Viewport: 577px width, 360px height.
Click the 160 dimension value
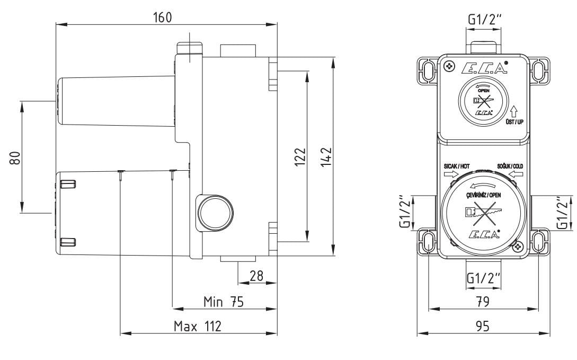point(162,17)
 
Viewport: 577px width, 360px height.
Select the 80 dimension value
point(15,158)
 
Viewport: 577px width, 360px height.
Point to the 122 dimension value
point(300,157)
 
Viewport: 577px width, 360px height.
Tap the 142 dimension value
point(326,157)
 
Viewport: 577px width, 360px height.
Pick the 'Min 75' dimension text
point(224,302)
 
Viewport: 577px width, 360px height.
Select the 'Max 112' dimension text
point(198,326)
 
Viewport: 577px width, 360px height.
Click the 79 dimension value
point(483,302)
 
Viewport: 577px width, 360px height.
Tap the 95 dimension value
point(483,326)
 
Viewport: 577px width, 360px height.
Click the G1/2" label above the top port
point(484,19)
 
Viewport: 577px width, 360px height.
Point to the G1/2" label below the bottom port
point(484,277)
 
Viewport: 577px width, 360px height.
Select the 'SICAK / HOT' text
point(457,166)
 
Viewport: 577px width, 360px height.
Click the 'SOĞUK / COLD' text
point(510,166)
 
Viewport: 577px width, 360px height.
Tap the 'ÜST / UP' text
point(514,122)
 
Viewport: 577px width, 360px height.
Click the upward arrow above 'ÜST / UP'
point(514,111)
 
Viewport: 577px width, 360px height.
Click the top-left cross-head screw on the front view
point(448,66)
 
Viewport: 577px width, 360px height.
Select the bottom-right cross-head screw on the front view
point(519,246)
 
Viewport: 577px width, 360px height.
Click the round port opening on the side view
point(216,213)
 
